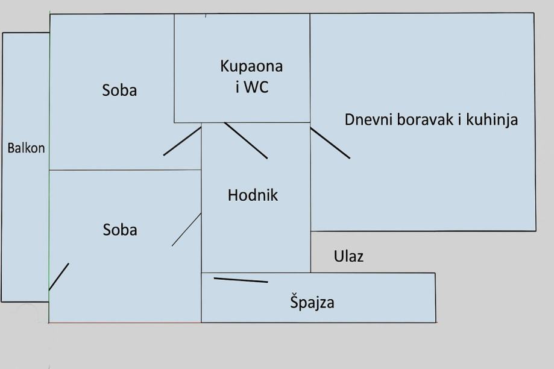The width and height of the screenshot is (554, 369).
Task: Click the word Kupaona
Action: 251,66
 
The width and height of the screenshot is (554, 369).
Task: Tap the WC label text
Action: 257,87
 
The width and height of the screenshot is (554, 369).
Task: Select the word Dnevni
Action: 369,119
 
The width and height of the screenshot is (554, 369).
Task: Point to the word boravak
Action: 426,119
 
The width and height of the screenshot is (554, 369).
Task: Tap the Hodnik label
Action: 253,195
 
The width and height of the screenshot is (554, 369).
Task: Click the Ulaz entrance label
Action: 348,256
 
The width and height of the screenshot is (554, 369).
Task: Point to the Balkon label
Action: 26,148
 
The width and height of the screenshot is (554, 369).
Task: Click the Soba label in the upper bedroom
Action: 119,90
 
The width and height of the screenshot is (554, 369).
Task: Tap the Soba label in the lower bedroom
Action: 120,230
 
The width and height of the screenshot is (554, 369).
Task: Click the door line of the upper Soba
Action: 182,141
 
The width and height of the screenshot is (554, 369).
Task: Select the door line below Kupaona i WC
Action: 246,140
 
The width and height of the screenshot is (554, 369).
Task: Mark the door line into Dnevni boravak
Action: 330,143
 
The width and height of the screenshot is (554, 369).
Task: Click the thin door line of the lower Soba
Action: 186,230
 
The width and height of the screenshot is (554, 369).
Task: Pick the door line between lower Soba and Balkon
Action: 58,277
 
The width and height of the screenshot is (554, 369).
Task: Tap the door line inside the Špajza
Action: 241,280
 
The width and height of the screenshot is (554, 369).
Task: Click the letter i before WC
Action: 238,87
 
